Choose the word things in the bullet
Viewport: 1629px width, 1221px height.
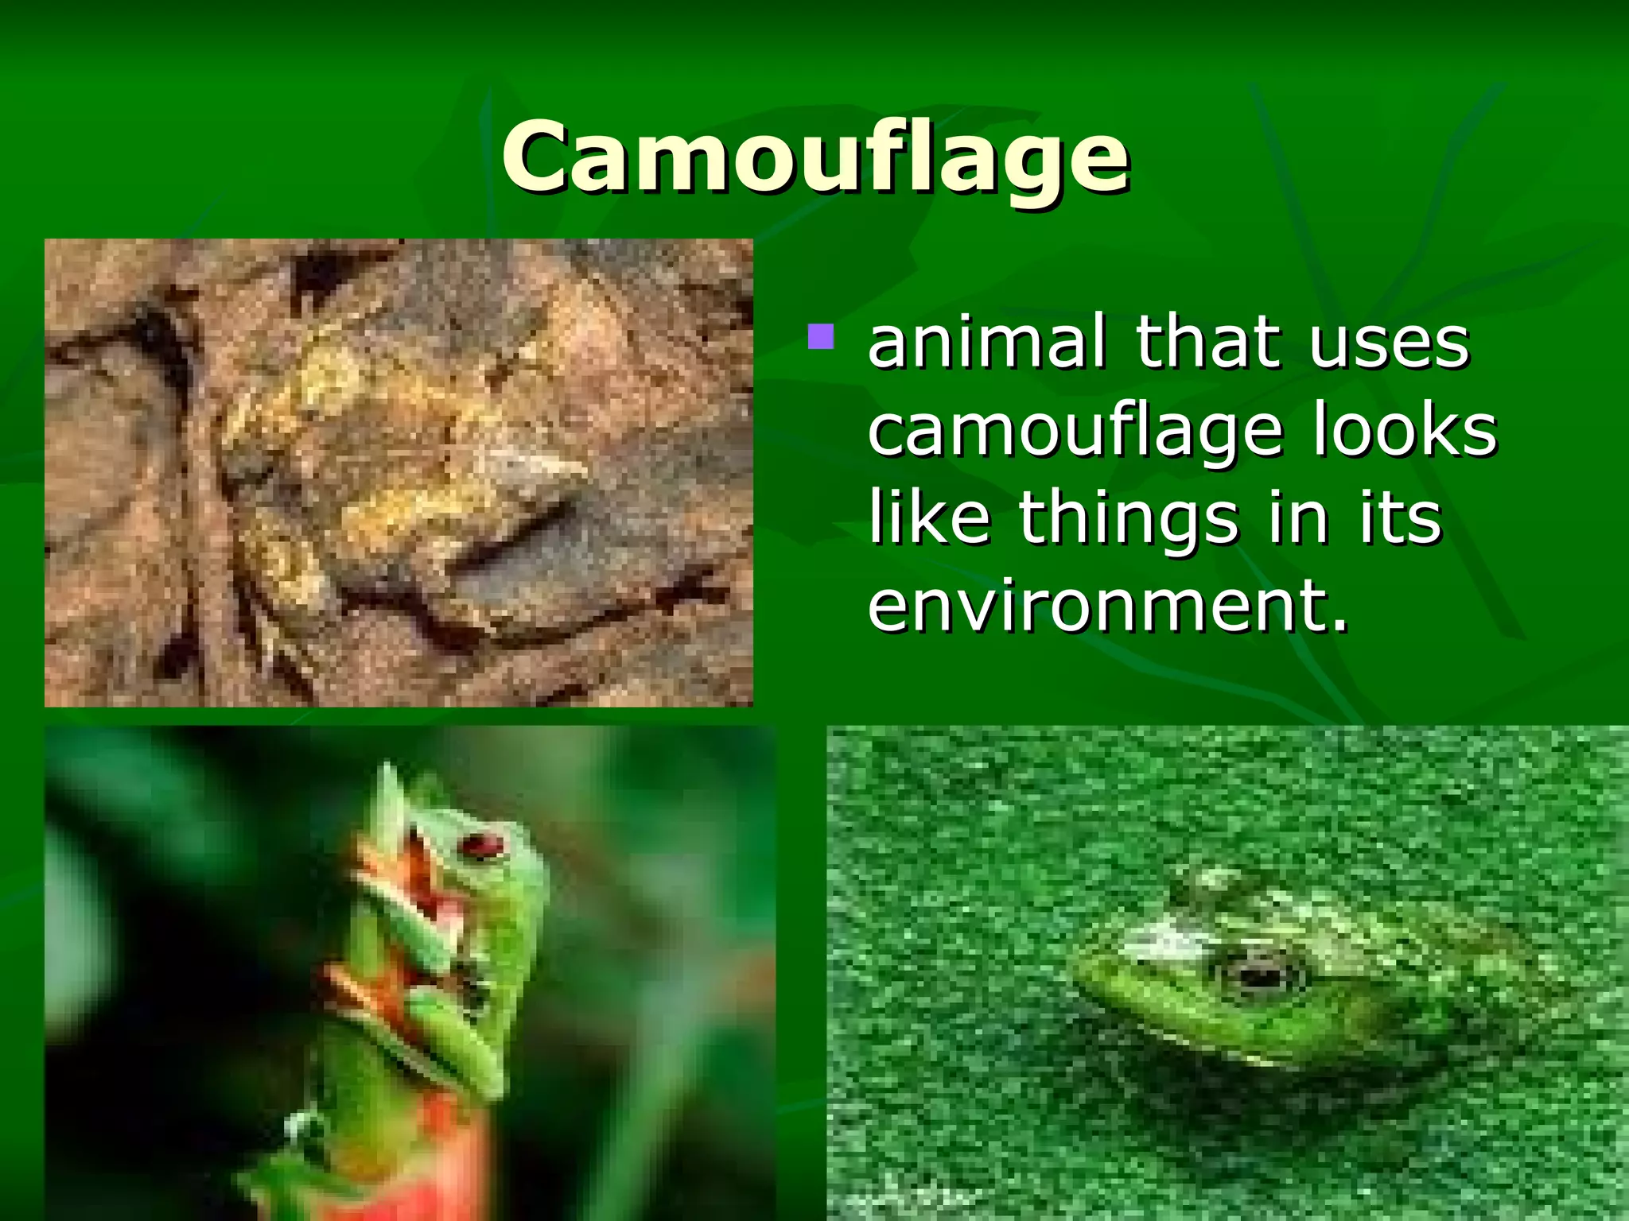(x=1129, y=518)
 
